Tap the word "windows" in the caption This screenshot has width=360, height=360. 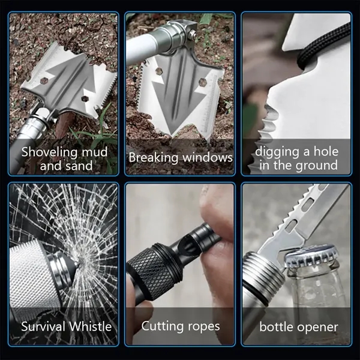pyautogui.click(x=208, y=158)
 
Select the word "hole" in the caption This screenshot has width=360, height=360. pyautogui.click(x=326, y=152)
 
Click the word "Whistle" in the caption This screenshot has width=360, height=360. pyautogui.click(x=90, y=326)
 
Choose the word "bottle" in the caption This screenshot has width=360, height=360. pyautogui.click(x=275, y=327)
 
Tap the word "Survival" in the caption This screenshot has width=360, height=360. pyautogui.click(x=44, y=326)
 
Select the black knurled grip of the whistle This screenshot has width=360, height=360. pyautogui.click(x=152, y=271)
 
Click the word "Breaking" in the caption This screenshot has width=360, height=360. pyautogui.click(x=154, y=158)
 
